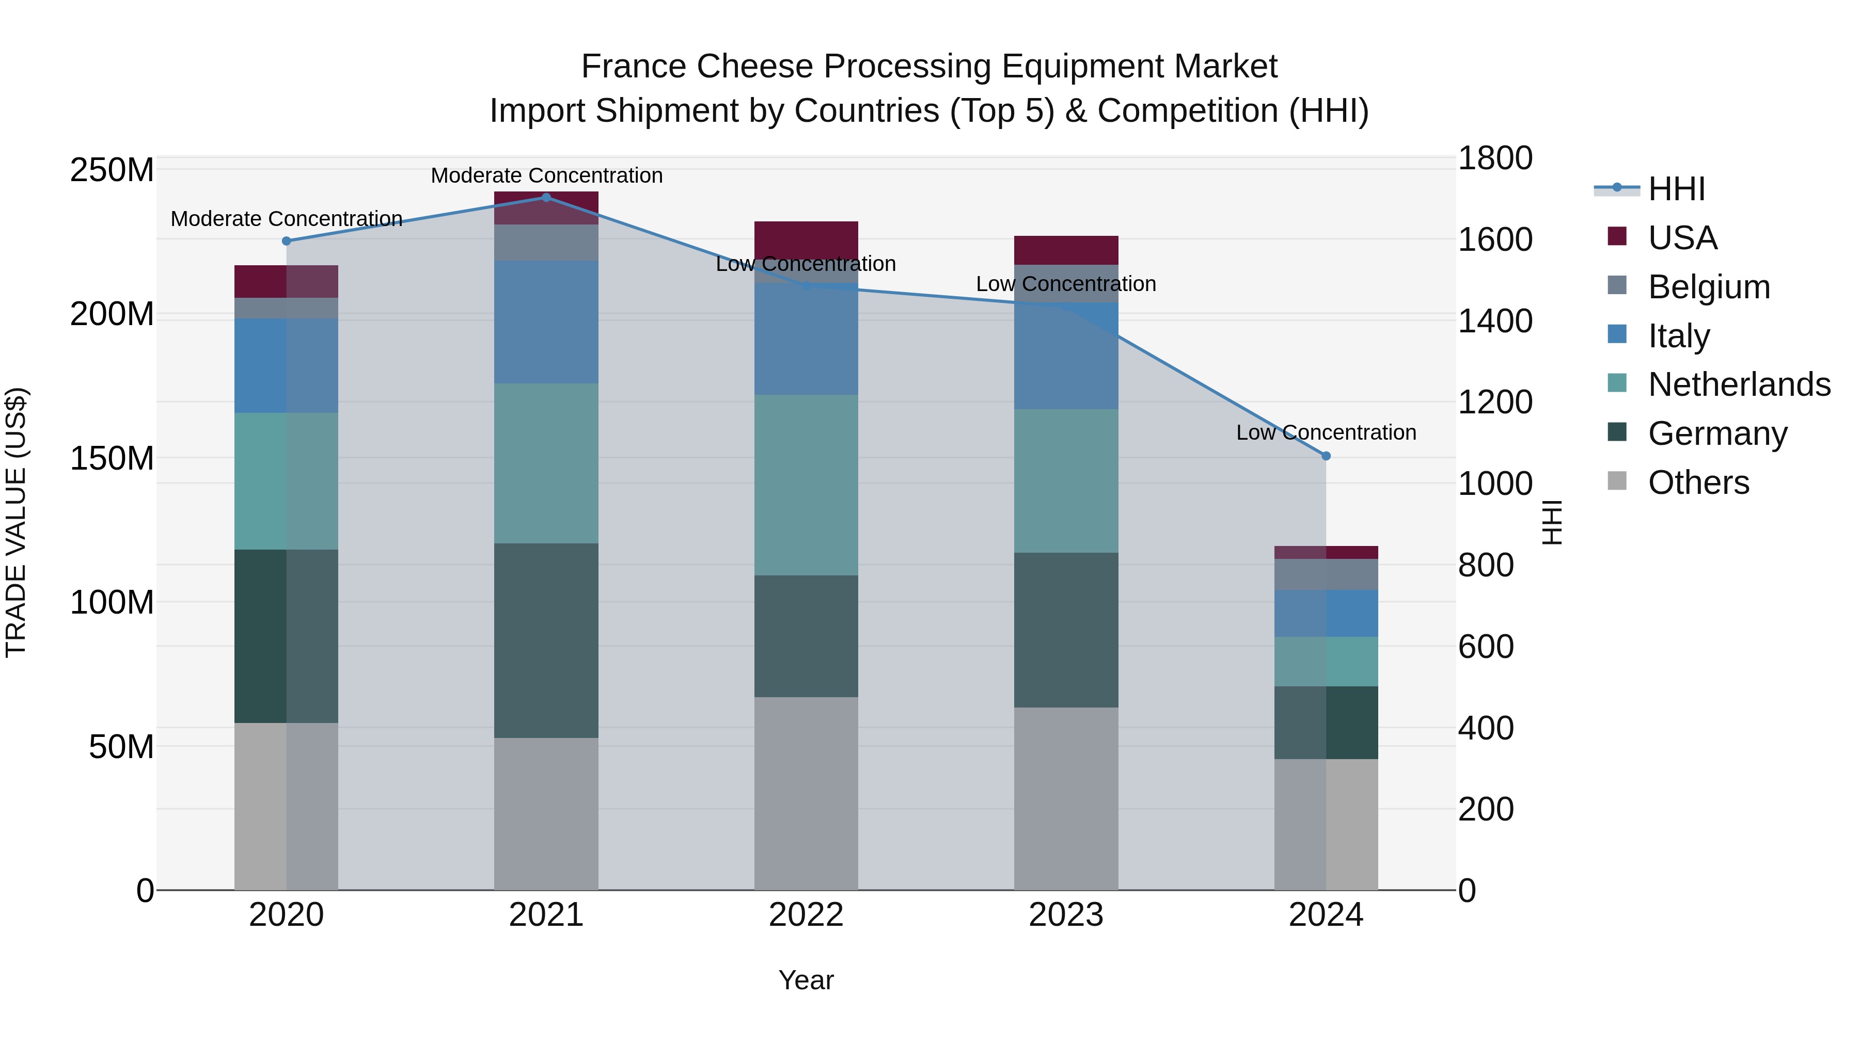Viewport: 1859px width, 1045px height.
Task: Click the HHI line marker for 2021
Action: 546,198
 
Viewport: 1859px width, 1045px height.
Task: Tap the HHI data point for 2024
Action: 1326,456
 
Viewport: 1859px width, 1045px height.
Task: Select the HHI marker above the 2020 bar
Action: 287,241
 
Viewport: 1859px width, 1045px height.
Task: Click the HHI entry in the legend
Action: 1676,189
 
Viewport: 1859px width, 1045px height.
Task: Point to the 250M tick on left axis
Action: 112,171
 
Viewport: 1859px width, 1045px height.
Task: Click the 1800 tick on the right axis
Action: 1494,158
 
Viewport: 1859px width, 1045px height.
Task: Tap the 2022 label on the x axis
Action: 806,915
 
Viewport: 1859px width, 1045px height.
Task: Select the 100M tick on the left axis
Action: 112,602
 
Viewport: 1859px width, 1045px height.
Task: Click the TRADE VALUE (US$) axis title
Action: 16,522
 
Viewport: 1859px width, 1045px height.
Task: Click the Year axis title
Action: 806,980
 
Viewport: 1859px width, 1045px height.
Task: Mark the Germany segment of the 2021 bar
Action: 546,640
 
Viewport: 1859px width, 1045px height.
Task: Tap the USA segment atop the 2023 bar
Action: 1066,250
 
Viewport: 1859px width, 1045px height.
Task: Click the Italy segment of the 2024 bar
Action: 1326,613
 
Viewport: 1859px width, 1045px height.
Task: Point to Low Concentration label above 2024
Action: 1326,433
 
